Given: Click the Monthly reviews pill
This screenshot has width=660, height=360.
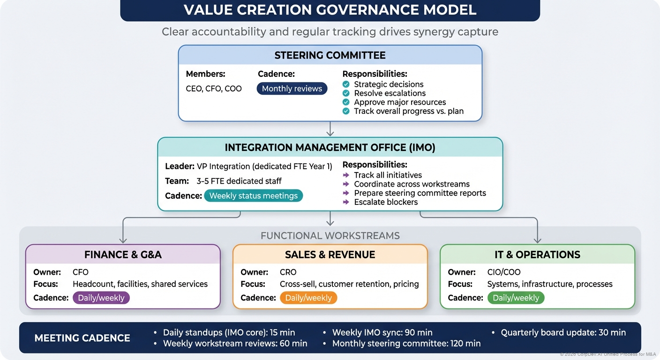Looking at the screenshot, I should point(292,89).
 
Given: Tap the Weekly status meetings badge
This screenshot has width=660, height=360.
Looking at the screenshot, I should point(253,195).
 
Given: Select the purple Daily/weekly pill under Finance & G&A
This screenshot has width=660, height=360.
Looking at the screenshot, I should point(101,298).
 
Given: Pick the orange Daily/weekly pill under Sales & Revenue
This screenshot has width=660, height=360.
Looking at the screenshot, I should point(308,298).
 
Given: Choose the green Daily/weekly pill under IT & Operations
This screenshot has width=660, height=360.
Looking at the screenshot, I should point(516,298).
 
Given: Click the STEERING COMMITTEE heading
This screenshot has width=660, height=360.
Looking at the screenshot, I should point(330,55).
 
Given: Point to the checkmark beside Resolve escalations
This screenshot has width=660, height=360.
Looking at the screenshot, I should point(346,93).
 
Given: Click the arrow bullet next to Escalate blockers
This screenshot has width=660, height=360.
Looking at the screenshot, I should point(346,202).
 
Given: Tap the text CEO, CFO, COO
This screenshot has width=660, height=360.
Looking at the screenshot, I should point(214,89).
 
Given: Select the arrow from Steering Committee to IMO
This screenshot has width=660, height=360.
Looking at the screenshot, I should point(330,129).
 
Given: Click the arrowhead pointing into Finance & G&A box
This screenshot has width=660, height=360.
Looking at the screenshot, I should point(123,240).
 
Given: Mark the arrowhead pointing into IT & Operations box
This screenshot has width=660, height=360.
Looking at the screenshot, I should point(537,240).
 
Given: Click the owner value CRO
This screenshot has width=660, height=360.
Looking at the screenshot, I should point(288,272).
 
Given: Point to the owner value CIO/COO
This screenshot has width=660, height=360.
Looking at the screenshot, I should point(503,272).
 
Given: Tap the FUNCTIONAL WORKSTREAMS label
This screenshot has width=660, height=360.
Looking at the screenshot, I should point(330,235).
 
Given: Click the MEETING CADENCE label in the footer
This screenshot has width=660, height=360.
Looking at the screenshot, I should point(82,338).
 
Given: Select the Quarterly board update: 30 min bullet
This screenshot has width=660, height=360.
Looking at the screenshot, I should point(562,332).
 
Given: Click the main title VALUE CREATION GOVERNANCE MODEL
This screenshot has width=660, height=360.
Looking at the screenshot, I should point(330,10).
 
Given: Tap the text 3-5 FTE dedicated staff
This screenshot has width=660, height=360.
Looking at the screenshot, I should point(239,181).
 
